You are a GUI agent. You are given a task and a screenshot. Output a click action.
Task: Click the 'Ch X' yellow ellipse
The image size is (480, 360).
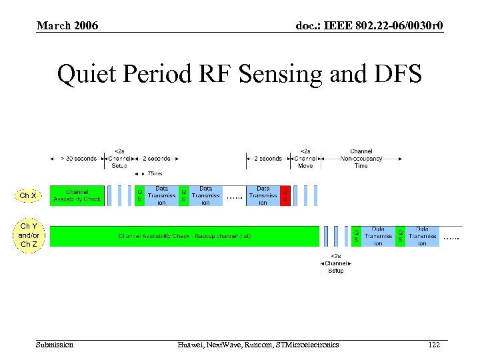click(x=28, y=195)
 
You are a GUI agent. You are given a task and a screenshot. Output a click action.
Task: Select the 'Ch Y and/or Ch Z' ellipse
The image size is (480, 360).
click(x=28, y=235)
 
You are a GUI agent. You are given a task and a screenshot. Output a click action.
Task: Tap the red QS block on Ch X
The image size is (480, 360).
click(x=285, y=195)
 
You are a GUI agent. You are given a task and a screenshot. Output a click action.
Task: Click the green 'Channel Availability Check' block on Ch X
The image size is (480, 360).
click(x=77, y=195)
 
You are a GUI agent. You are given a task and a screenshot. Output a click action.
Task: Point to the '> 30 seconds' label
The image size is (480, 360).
click(x=79, y=158)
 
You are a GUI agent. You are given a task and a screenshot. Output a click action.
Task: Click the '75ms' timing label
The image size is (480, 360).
click(x=155, y=174)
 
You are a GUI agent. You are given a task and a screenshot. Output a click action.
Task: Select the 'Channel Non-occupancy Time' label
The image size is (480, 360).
click(x=361, y=158)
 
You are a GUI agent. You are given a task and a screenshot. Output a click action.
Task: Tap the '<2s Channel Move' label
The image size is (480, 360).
click(x=305, y=158)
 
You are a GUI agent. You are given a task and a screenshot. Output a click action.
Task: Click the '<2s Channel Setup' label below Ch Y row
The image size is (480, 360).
click(x=336, y=263)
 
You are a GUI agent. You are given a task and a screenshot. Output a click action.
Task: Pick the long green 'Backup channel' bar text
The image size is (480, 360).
click(x=185, y=236)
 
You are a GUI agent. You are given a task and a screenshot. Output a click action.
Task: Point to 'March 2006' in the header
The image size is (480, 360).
click(x=67, y=25)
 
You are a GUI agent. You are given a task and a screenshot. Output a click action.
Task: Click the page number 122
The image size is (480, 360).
click(x=434, y=344)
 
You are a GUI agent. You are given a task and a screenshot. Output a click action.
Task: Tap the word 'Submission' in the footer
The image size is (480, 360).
click(x=55, y=344)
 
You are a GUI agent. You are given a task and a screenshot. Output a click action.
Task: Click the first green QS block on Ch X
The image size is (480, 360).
click(x=140, y=195)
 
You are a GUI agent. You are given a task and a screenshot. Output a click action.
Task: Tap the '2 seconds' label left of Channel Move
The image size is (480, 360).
click(x=268, y=158)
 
